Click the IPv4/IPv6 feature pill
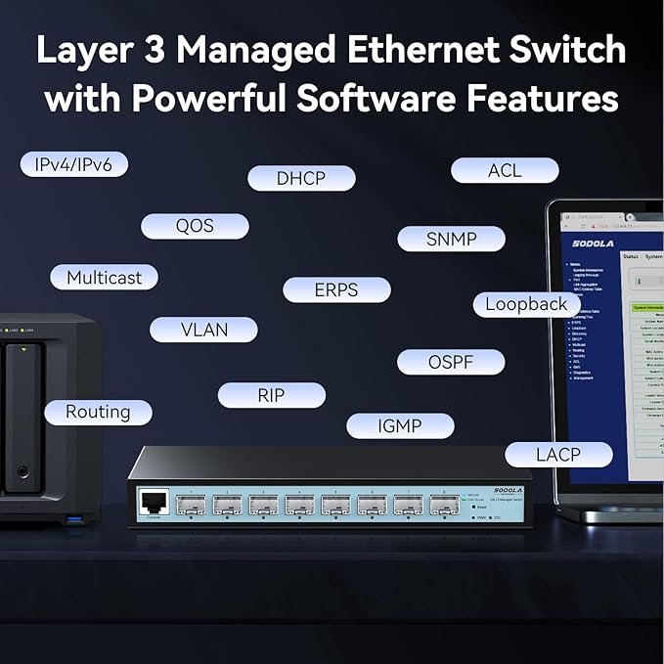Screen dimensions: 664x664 [73, 164]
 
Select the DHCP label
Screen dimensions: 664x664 [300, 178]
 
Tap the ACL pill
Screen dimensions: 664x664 [505, 170]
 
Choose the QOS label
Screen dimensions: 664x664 [195, 226]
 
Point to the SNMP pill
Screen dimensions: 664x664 [451, 239]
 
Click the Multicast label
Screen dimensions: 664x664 [104, 278]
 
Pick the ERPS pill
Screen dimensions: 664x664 [336, 289]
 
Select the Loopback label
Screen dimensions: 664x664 [526, 304]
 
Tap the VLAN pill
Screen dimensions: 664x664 [203, 330]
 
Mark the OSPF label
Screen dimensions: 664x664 [451, 362]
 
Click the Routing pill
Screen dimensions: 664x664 [98, 412]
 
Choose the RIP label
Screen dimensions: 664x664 [271, 395]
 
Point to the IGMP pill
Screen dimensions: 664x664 [400, 425]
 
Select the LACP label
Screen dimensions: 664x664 [558, 454]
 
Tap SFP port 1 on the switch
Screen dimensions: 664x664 [191, 506]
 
